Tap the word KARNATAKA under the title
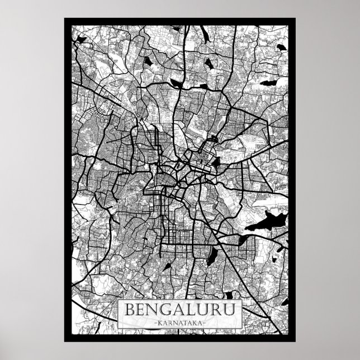pos(179,323)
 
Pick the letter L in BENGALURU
pos(192,309)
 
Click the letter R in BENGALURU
pos(216,309)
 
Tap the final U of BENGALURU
pos(229,309)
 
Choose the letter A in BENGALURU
pos(181,309)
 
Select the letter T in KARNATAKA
pos(183,323)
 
